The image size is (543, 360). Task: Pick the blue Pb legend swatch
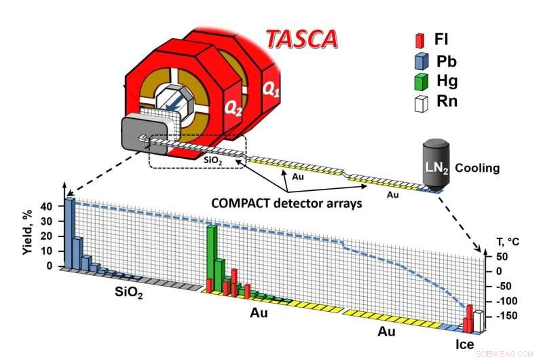click(x=419, y=61)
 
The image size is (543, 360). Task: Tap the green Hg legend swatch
click(x=419, y=82)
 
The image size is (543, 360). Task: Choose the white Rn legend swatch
click(x=419, y=103)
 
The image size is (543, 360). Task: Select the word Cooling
click(x=477, y=167)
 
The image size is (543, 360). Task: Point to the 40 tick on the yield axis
click(x=45, y=206)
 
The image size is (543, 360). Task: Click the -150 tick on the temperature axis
click(x=504, y=315)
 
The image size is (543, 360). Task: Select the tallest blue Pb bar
click(x=70, y=231)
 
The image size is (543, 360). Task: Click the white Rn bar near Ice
click(x=479, y=321)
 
